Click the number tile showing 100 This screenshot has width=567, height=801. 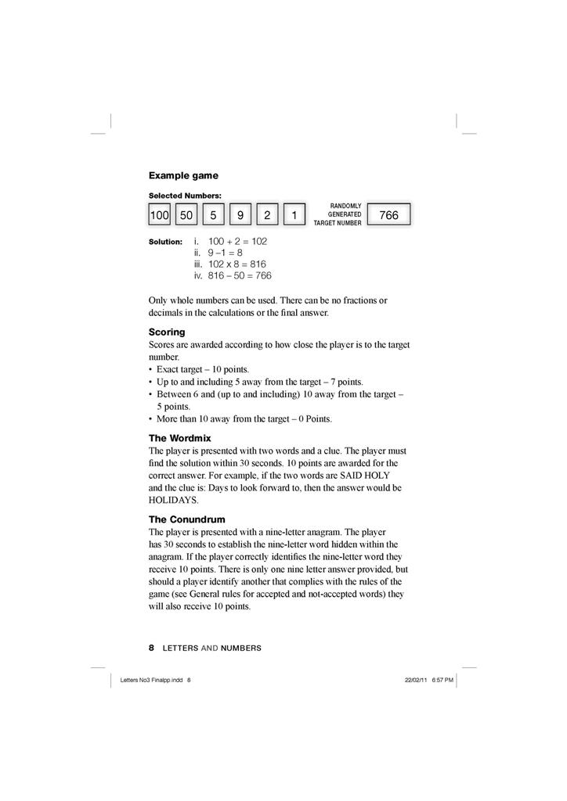(160, 214)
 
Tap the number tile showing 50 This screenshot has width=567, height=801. (186, 214)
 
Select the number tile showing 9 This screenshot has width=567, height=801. (240, 214)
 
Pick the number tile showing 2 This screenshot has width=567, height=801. (267, 214)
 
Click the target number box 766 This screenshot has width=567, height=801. (388, 214)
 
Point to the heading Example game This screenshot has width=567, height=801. (183, 175)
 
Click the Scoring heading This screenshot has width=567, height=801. (167, 332)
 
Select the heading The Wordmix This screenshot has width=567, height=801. (179, 438)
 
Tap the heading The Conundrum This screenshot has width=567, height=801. (186, 519)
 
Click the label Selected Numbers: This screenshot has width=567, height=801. (185, 195)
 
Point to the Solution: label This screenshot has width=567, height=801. (165, 242)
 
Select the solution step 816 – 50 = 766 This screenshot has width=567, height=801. (240, 275)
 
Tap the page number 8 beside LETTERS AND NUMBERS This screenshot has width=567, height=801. (151, 648)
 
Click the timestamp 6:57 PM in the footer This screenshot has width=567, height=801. (442, 680)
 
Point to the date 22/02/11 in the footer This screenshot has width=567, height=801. (416, 680)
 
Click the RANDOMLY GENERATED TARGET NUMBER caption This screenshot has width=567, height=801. (338, 214)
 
